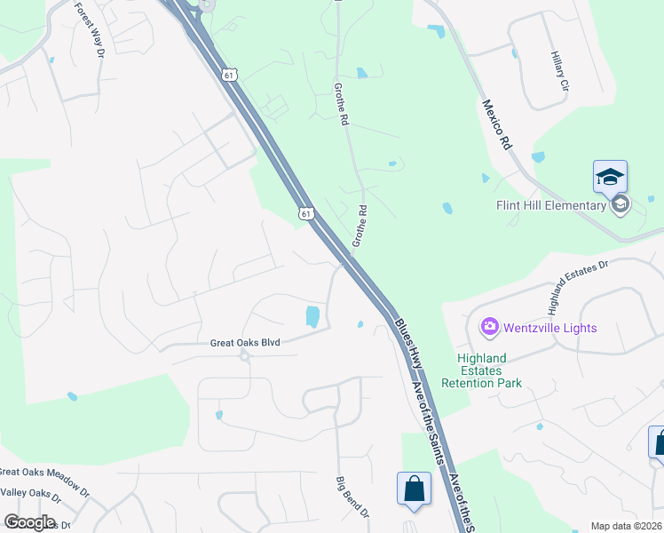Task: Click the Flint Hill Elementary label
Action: click(x=550, y=206)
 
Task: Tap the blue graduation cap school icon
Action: click(x=611, y=176)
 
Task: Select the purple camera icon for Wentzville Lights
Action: click(x=489, y=328)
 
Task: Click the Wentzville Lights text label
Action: click(x=550, y=328)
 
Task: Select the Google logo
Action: click(x=29, y=521)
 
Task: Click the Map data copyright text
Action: click(x=627, y=526)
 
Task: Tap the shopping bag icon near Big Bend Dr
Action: click(x=414, y=488)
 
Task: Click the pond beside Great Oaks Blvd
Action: click(x=312, y=316)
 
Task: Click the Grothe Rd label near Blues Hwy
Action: click(x=360, y=226)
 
